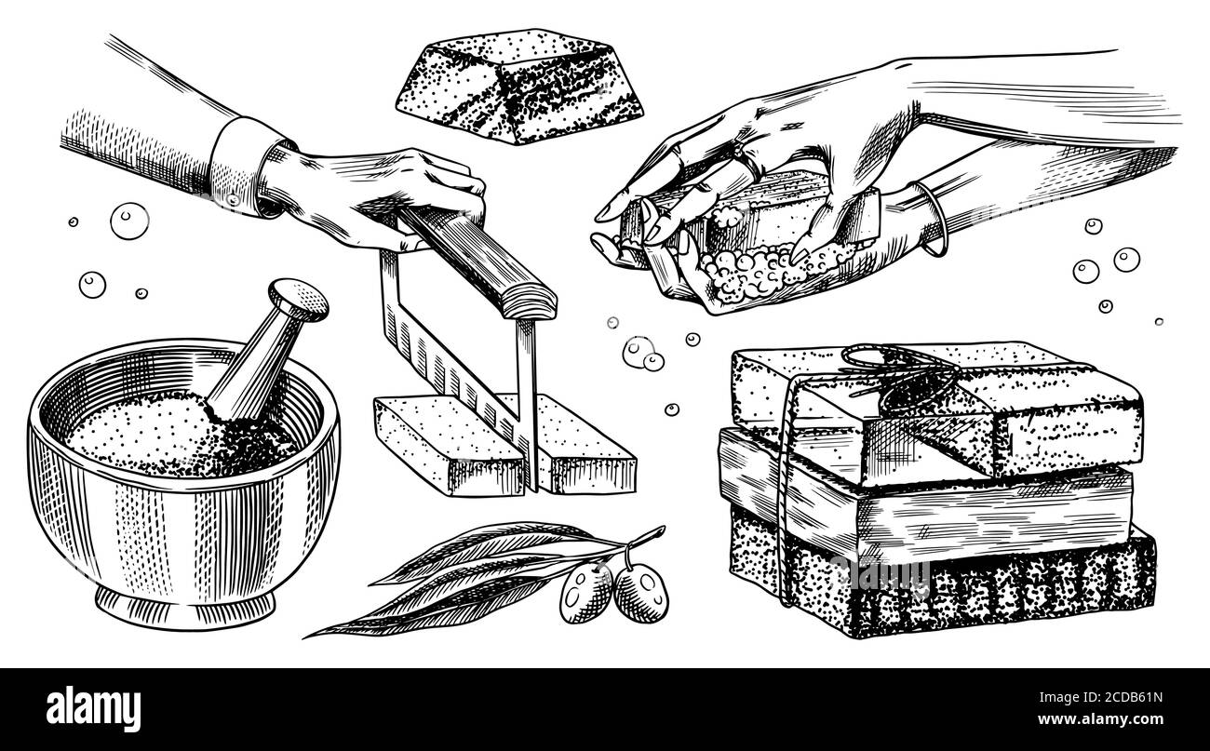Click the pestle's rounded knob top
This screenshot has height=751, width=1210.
(299, 300)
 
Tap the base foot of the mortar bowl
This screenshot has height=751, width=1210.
(184, 608)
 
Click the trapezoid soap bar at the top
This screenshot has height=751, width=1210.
(519, 87)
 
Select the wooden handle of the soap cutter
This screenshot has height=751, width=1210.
(476, 261)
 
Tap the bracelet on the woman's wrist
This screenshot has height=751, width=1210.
(932, 219)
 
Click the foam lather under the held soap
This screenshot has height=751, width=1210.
(756, 270)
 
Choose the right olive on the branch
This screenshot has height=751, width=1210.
(640, 593)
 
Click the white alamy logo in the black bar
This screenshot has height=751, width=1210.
(93, 709)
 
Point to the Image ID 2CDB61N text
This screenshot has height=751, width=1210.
(1100, 697)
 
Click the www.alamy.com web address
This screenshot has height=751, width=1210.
(1100, 719)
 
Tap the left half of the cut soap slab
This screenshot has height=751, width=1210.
(449, 446)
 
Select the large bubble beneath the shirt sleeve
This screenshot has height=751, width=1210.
(129, 221)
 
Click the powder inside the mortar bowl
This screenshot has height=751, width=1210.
(179, 435)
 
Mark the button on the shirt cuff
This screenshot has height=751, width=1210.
(234, 200)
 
